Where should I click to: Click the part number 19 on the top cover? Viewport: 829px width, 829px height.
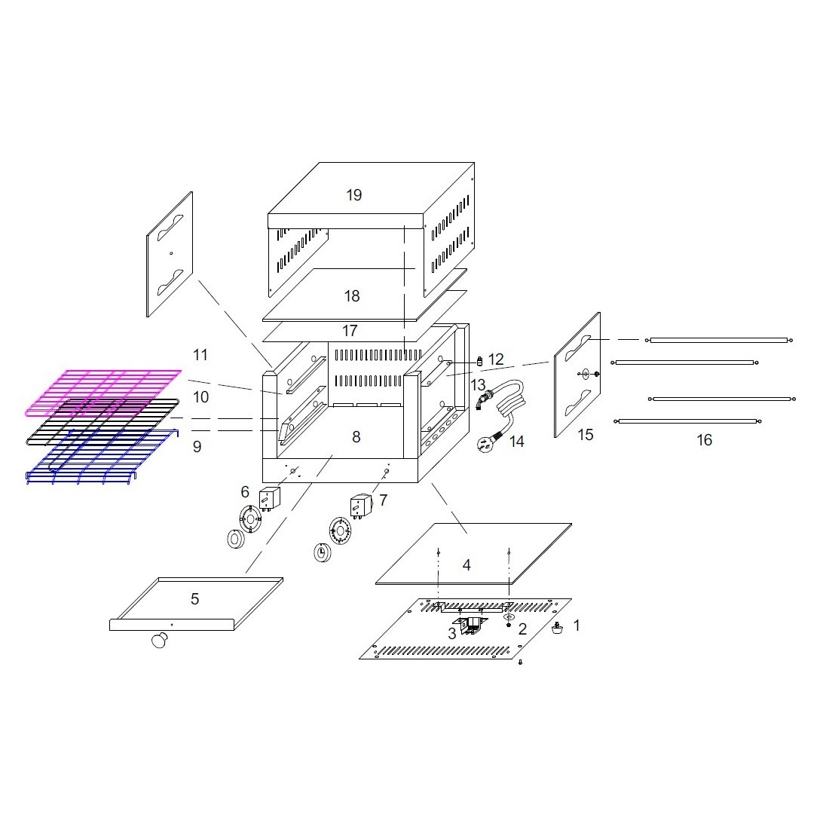tap(353, 195)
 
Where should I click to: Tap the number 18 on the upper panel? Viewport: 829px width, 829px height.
tap(352, 296)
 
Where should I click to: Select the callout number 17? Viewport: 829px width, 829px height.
tap(350, 331)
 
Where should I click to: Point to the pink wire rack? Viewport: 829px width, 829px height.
tap(103, 393)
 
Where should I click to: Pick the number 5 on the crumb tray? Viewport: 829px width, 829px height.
tap(194, 599)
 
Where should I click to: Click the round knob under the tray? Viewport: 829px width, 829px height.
tap(159, 641)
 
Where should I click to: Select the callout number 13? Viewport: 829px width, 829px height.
tap(478, 384)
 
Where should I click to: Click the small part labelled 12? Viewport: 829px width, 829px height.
tap(480, 362)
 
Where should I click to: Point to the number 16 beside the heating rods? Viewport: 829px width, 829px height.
tap(704, 440)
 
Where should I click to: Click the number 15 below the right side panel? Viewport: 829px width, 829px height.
tap(586, 435)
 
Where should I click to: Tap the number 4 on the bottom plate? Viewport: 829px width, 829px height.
tap(467, 565)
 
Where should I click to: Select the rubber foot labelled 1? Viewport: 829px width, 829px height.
tap(557, 628)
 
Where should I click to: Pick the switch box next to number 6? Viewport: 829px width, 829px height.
tap(269, 499)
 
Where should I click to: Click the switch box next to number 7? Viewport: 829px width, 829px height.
tap(361, 506)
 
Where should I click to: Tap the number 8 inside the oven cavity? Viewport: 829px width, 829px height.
tap(356, 437)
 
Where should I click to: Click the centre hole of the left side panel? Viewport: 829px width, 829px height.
tap(171, 253)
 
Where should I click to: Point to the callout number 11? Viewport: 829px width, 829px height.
tap(200, 355)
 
